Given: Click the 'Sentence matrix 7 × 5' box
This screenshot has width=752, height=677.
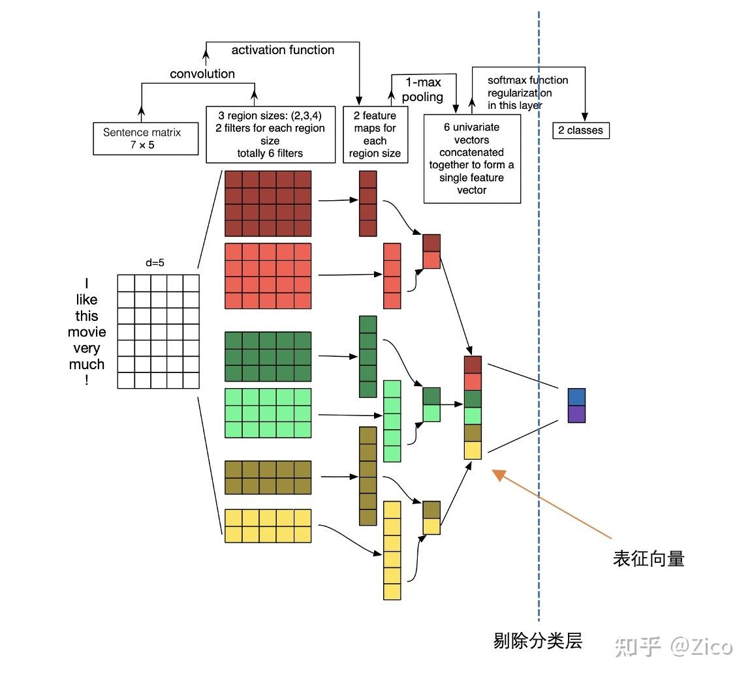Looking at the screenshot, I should (x=146, y=138).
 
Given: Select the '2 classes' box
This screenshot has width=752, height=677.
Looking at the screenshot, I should (x=580, y=130).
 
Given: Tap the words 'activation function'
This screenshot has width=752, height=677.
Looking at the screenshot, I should (x=283, y=50).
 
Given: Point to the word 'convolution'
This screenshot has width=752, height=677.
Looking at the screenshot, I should (x=202, y=74).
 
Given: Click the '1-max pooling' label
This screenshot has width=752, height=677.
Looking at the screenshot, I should (x=422, y=90).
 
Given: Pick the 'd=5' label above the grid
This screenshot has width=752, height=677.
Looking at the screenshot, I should (x=155, y=263).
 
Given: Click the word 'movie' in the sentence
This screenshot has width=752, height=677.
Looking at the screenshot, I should (x=87, y=332).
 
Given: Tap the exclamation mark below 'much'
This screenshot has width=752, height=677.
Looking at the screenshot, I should (x=86, y=380).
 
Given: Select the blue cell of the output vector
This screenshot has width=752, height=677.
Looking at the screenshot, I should (x=576, y=397).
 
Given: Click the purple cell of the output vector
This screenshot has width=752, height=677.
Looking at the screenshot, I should (x=576, y=414).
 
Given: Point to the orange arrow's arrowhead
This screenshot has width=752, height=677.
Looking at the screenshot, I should (x=499, y=475).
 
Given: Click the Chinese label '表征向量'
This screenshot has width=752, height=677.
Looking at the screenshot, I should (x=648, y=559).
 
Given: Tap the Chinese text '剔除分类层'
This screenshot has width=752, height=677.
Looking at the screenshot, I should (x=537, y=641).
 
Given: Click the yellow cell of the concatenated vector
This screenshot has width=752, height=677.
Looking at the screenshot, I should (x=473, y=451).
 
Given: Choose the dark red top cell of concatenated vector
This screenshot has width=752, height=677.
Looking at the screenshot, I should (x=473, y=365).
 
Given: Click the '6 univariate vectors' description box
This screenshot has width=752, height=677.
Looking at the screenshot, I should (x=472, y=158).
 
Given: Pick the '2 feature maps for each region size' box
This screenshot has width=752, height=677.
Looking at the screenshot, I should (x=375, y=134).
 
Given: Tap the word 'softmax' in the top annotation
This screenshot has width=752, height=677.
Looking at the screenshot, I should (x=508, y=80).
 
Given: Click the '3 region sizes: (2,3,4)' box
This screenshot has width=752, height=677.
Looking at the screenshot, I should (x=270, y=134).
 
